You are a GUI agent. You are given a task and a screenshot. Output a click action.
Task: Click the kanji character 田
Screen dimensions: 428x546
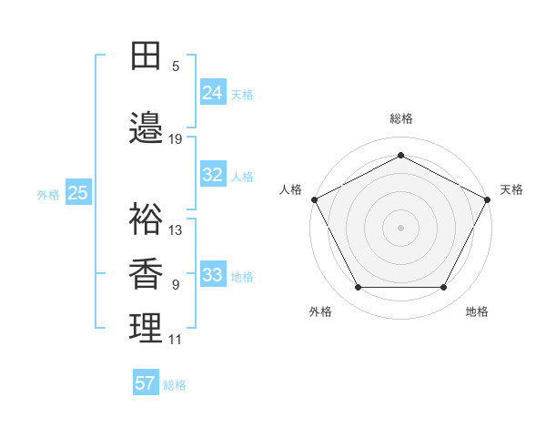click(x=146, y=56)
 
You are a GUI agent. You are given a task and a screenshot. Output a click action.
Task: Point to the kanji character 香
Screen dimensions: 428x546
click(x=146, y=273)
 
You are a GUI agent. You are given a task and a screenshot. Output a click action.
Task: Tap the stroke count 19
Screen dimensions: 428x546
click(x=176, y=139)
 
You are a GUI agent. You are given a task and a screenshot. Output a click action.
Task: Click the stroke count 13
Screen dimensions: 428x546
click(x=176, y=229)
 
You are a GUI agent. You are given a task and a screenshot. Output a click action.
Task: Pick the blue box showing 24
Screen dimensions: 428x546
click(x=213, y=93)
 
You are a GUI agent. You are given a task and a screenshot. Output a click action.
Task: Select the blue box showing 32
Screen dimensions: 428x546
click(x=213, y=175)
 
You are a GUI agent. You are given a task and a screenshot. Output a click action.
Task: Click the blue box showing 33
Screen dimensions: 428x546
click(x=213, y=275)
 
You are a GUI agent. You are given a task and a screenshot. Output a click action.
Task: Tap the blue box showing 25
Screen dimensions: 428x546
click(x=78, y=193)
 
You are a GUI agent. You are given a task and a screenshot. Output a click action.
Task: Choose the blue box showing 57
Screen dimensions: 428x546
click(x=146, y=383)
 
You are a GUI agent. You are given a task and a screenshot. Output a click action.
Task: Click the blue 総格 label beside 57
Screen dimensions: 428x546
click(x=175, y=385)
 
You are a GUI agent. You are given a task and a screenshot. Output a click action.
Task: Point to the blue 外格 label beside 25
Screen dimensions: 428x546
click(x=48, y=194)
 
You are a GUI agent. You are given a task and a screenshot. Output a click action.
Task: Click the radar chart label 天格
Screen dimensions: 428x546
click(x=511, y=189)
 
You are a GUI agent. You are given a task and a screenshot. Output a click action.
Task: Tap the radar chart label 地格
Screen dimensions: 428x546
click(x=477, y=311)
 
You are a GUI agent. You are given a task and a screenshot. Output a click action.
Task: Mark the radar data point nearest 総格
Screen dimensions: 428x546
click(x=400, y=155)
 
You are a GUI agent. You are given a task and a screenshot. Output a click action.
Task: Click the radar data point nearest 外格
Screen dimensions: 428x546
click(x=358, y=288)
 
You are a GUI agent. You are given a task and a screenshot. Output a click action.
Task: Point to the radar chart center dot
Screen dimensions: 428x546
click(x=400, y=228)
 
